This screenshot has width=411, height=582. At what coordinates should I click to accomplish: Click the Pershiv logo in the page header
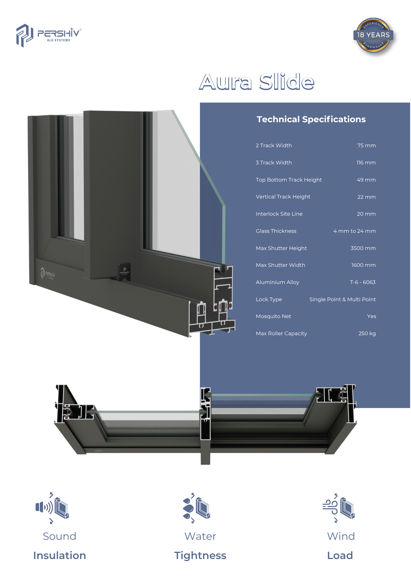click(x=49, y=36)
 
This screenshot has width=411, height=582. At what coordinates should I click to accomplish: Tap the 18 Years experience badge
click(x=374, y=36)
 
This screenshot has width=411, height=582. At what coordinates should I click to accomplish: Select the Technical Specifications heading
click(x=311, y=119)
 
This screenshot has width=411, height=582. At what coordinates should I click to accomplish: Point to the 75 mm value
click(x=367, y=145)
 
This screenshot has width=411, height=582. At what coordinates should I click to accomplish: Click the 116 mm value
click(x=366, y=163)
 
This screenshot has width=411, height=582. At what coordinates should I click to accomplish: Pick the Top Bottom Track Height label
click(x=289, y=180)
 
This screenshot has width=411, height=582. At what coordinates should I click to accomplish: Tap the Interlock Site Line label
click(x=279, y=214)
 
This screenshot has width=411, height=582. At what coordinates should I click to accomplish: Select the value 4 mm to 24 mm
click(x=355, y=231)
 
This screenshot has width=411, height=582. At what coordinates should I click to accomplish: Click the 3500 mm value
click(x=363, y=248)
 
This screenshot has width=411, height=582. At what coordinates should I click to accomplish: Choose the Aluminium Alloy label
click(x=277, y=282)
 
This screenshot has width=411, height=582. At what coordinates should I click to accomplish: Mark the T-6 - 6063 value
click(x=363, y=282)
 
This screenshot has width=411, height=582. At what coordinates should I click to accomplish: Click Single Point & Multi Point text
click(x=342, y=299)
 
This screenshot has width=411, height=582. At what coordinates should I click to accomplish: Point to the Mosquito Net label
click(x=273, y=316)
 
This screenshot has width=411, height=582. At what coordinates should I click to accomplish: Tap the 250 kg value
click(x=367, y=333)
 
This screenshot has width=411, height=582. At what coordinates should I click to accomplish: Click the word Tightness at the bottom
click(x=200, y=556)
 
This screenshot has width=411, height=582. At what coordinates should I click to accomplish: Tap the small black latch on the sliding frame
click(x=124, y=272)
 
